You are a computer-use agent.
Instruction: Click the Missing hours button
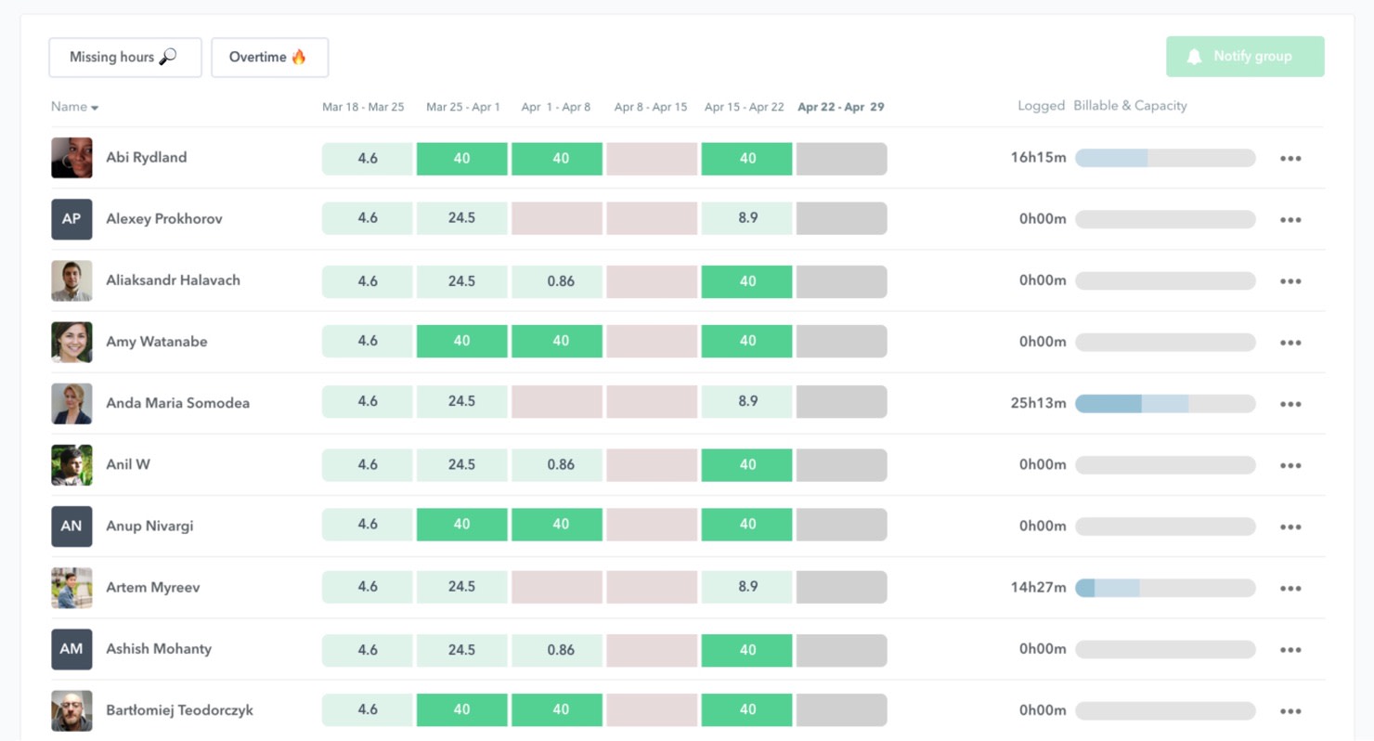pyautogui.click(x=124, y=58)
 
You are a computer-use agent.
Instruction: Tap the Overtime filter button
pyautogui.click(x=269, y=58)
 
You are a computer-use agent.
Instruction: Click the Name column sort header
pyautogui.click(x=74, y=107)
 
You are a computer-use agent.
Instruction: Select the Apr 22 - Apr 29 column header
pyautogui.click(x=840, y=107)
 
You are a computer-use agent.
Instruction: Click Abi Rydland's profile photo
pyautogui.click(x=71, y=158)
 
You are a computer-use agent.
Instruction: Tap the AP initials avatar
pyautogui.click(x=71, y=219)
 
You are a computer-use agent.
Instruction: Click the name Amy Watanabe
pyautogui.click(x=156, y=342)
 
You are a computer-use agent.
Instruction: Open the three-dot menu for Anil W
pyautogui.click(x=1290, y=465)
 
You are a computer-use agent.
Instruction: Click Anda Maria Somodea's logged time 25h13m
pyautogui.click(x=1038, y=403)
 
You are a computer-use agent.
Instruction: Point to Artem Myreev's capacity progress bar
pyautogui.click(x=1164, y=588)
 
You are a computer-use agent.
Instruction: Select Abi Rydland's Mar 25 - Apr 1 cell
pyautogui.click(x=461, y=159)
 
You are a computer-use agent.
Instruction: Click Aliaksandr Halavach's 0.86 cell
pyautogui.click(x=561, y=281)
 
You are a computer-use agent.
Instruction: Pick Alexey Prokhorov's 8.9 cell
pyautogui.click(x=747, y=218)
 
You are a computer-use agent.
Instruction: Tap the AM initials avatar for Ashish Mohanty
pyautogui.click(x=71, y=649)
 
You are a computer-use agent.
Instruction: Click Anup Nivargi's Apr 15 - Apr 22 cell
pyautogui.click(x=747, y=525)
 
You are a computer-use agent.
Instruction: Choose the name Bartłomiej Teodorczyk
pyautogui.click(x=179, y=710)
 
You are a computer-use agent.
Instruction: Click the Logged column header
pyautogui.click(x=1041, y=106)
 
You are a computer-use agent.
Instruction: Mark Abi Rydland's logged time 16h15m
pyautogui.click(x=1038, y=158)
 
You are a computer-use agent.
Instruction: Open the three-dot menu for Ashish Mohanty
pyautogui.click(x=1290, y=650)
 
